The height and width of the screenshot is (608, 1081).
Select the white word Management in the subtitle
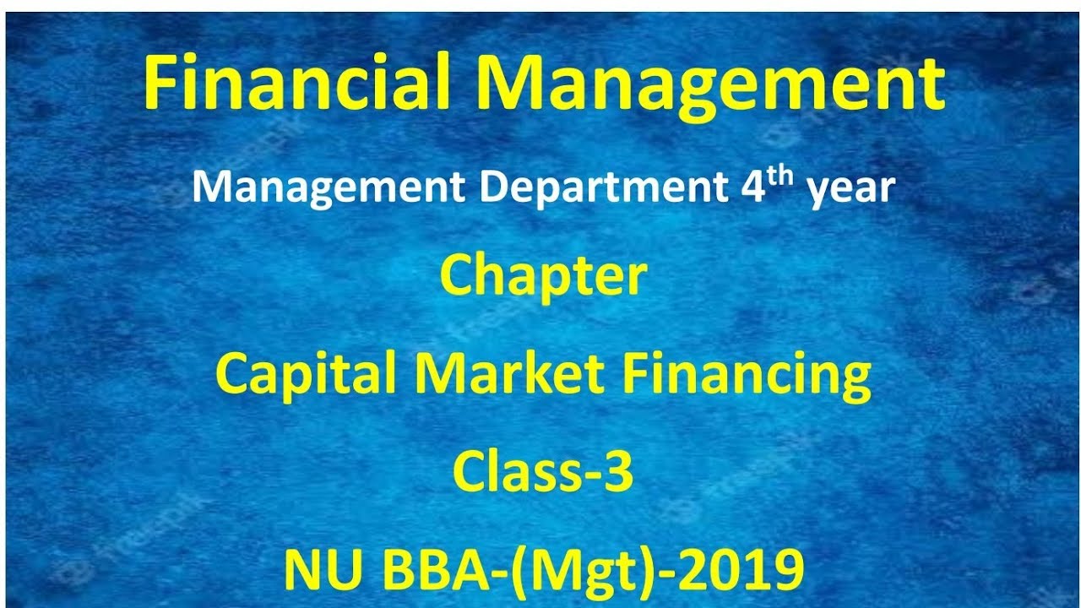(x=328, y=187)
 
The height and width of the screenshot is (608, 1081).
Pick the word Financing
(x=747, y=377)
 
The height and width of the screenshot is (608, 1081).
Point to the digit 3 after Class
(x=619, y=473)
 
